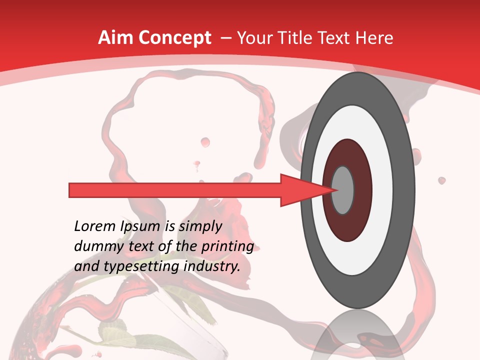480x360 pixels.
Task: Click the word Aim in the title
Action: click(x=116, y=38)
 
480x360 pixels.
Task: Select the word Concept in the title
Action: click(x=174, y=38)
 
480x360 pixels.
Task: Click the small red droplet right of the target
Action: click(x=441, y=180)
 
